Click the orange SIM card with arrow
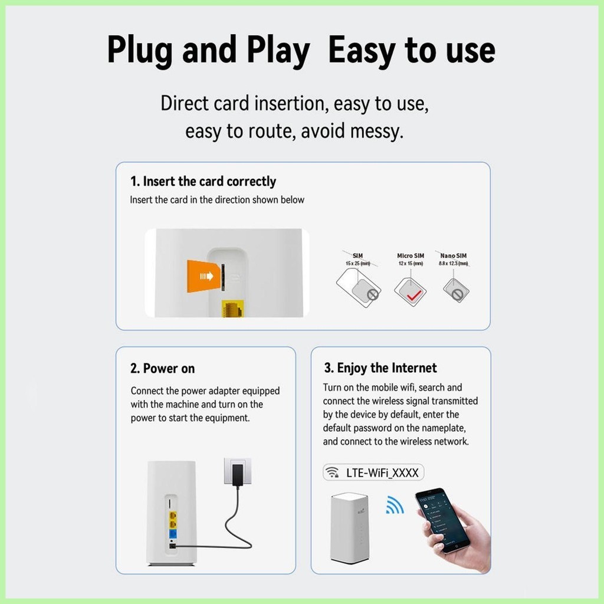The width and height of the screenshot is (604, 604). (x=203, y=276)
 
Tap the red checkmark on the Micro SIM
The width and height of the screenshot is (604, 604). (x=415, y=295)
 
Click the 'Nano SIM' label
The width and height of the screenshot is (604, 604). (x=454, y=255)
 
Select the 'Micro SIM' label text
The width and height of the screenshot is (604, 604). (x=411, y=255)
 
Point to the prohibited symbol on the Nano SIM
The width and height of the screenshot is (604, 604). (x=457, y=295)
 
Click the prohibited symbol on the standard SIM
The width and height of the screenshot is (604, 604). (x=373, y=294)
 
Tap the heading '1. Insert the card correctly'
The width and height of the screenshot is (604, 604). (x=203, y=181)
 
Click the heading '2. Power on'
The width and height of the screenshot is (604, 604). (x=162, y=368)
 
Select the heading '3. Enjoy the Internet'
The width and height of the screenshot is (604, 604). (x=380, y=368)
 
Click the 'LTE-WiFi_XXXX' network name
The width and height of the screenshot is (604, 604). (x=382, y=472)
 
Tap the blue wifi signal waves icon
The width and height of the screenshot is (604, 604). (x=395, y=505)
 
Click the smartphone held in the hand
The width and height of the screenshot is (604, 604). (x=442, y=521)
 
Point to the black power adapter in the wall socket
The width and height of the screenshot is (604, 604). (x=238, y=475)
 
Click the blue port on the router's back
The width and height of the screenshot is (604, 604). (x=173, y=534)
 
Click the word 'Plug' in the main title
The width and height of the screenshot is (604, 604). (x=139, y=50)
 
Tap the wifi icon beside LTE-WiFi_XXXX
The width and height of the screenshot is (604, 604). (x=331, y=472)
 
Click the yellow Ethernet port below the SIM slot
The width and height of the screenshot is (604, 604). (x=232, y=308)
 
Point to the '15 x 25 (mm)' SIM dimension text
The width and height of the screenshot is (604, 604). (x=357, y=264)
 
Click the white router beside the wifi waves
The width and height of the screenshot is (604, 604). (x=349, y=528)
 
